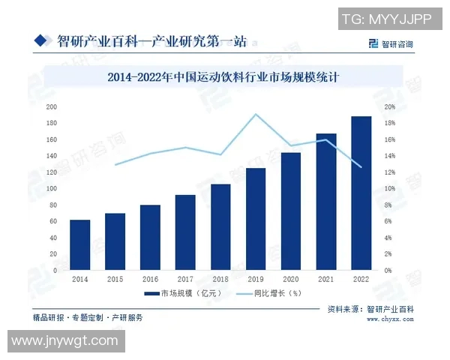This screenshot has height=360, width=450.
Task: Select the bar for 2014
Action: (79, 244)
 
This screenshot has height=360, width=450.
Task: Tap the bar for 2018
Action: (220, 226)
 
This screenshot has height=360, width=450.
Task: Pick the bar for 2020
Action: (290, 211)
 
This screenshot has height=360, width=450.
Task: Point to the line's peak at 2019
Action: (256, 114)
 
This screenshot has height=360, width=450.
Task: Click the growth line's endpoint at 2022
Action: (361, 166)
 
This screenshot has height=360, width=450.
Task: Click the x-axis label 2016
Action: (150, 279)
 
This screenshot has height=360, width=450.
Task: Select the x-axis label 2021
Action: (325, 279)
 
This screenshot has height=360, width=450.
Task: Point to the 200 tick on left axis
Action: (52, 107)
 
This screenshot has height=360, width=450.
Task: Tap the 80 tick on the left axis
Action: (53, 205)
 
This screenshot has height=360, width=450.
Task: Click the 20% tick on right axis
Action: (390, 107)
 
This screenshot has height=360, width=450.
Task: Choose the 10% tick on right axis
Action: (390, 189)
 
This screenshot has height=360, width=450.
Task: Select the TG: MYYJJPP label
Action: (385, 19)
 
